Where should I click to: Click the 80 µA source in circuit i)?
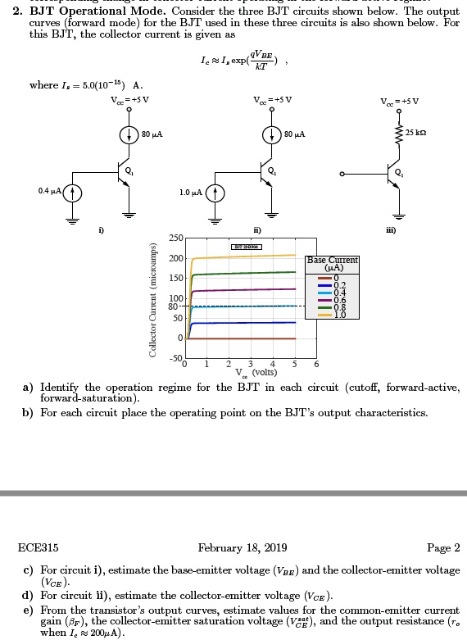pyautogui.click(x=129, y=134)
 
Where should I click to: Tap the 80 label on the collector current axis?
pyautogui.click(x=175, y=306)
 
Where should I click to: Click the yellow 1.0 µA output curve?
pyautogui.click(x=246, y=256)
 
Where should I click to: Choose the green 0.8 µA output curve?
pyautogui.click(x=246, y=272)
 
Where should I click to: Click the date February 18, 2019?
pyautogui.click(x=243, y=547)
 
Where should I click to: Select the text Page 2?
pyautogui.click(x=444, y=547)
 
